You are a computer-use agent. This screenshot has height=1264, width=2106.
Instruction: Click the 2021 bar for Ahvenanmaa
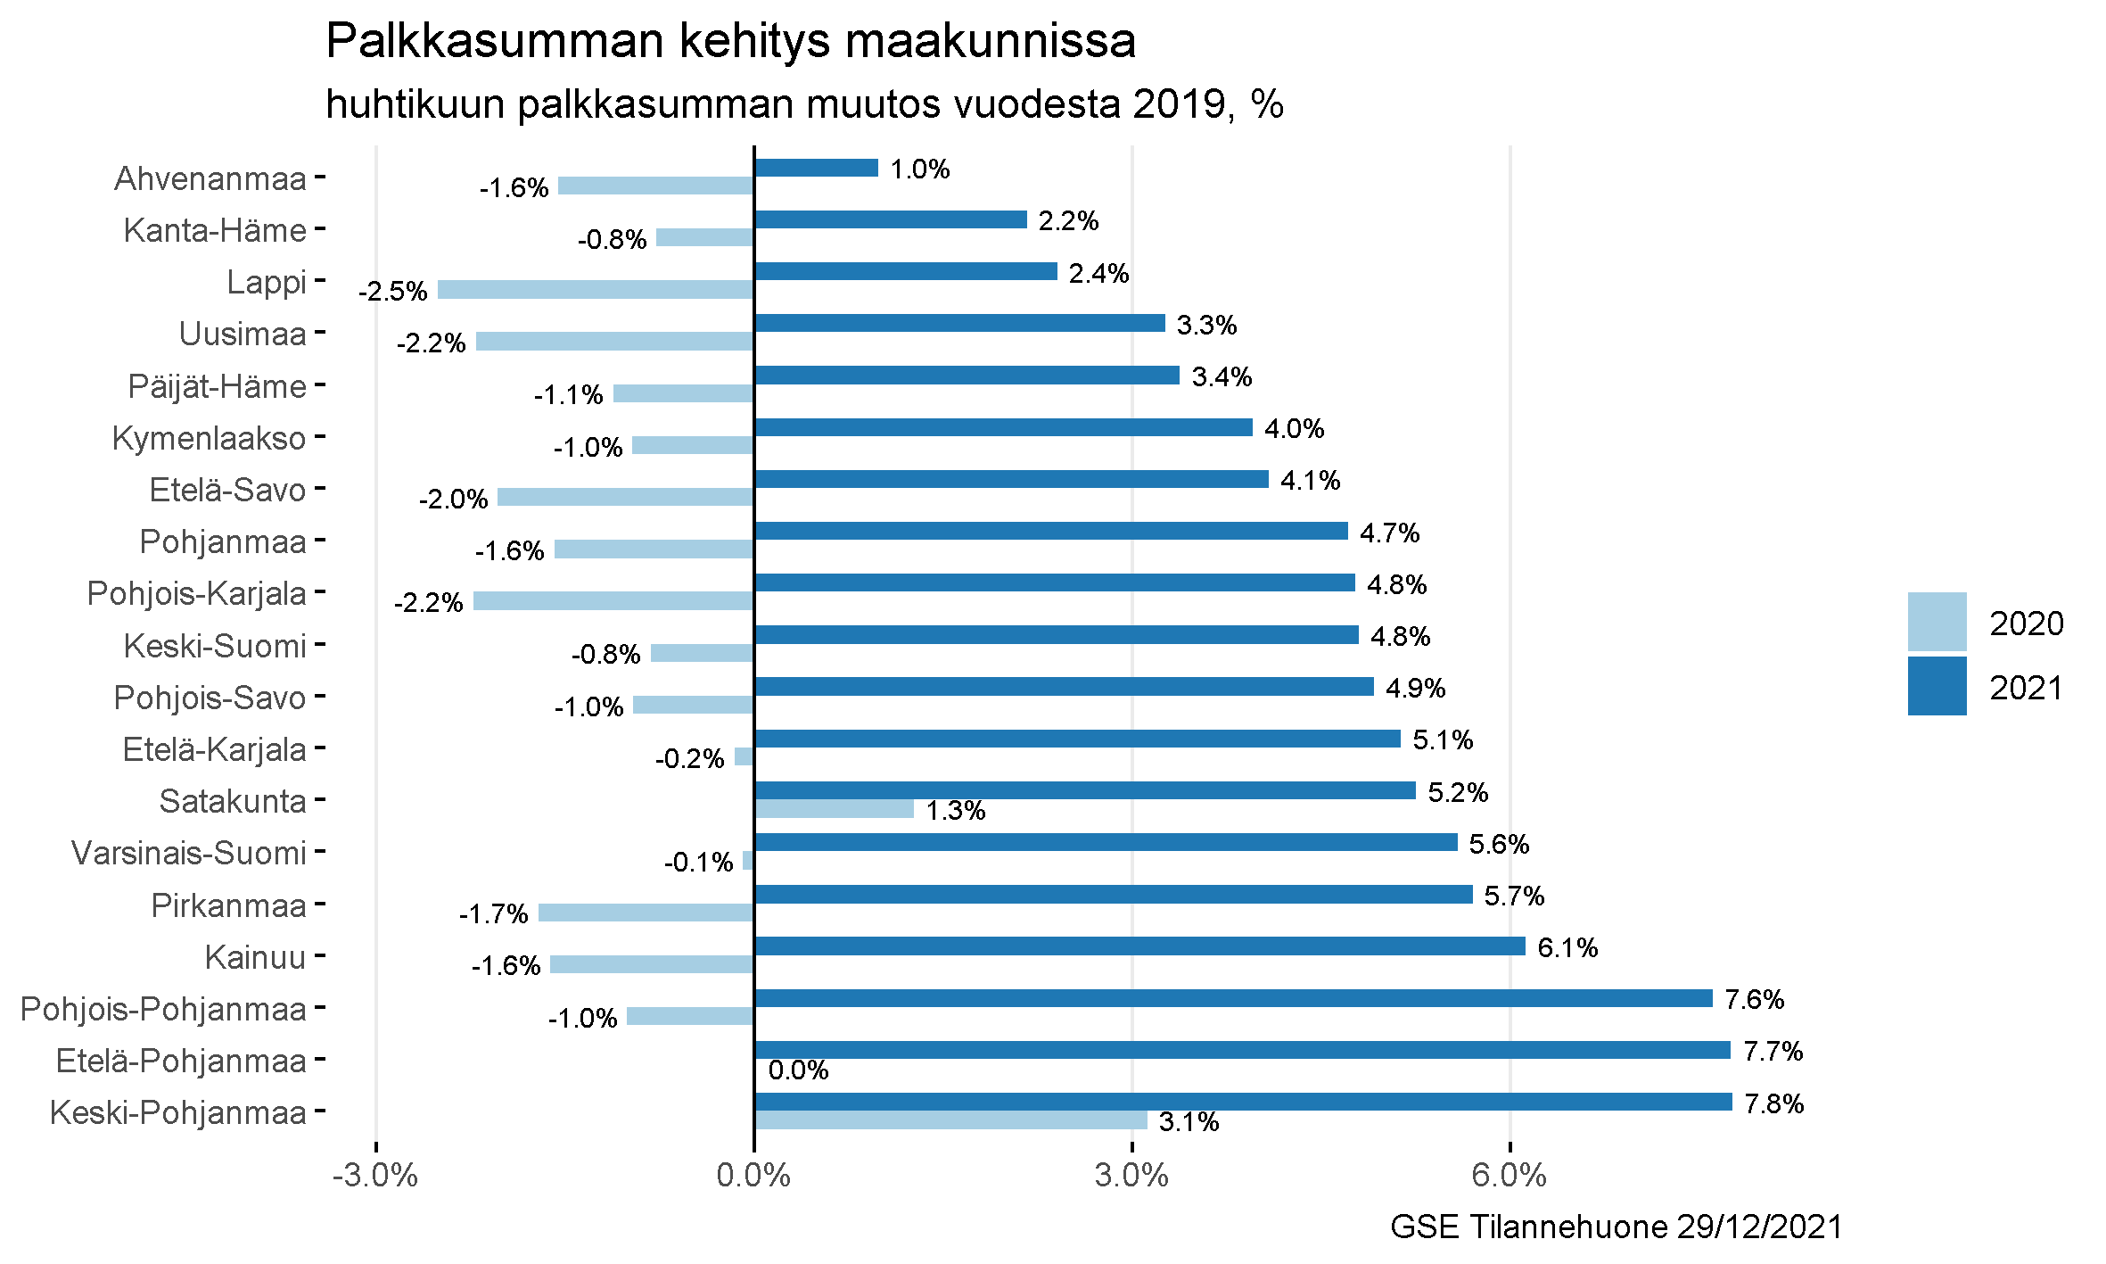click(x=816, y=168)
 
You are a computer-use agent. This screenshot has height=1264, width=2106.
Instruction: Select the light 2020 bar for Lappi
click(x=596, y=289)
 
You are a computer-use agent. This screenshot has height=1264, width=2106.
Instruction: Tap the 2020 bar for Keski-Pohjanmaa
click(x=950, y=1120)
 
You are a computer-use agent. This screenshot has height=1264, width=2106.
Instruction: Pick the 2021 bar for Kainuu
click(x=1139, y=946)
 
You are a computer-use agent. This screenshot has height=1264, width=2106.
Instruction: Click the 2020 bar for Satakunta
click(x=834, y=809)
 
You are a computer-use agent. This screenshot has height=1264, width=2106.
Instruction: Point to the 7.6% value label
click(x=1754, y=999)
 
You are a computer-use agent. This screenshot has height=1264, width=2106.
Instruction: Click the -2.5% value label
click(x=393, y=292)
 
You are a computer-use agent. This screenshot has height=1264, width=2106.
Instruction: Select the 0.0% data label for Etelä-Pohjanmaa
click(x=798, y=1070)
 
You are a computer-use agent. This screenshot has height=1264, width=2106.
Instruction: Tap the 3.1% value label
click(x=1189, y=1122)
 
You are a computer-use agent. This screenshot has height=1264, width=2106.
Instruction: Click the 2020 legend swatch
click(x=1937, y=622)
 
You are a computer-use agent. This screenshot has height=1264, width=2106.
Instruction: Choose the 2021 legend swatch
click(x=1937, y=686)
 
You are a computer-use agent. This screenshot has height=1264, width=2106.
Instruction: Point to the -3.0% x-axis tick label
click(x=375, y=1176)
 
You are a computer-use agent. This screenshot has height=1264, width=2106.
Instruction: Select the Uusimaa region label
click(x=243, y=334)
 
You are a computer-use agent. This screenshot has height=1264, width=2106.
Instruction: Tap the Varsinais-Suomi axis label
click(x=189, y=853)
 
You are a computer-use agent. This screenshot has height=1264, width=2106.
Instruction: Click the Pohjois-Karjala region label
click(x=196, y=593)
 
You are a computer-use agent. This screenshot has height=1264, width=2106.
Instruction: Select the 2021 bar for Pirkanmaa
click(x=1113, y=894)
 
